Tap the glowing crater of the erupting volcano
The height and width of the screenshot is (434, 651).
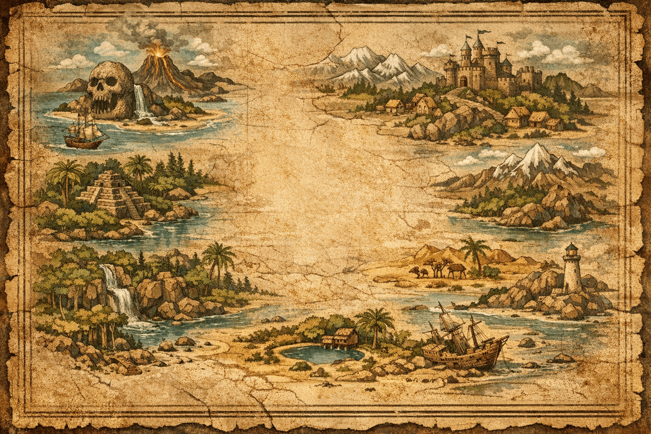[x=159, y=53]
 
